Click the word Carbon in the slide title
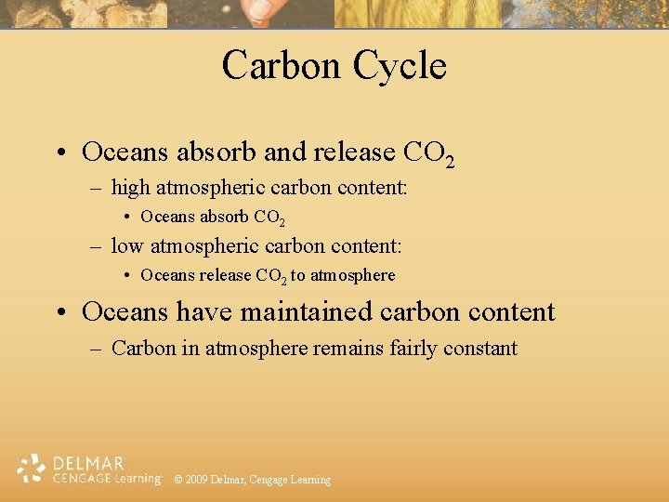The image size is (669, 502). pos(281,66)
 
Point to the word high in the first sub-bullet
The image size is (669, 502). pos(131,188)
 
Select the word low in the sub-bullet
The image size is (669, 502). pos(126,246)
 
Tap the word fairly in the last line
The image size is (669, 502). pos(414,349)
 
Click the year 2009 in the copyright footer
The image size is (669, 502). pos(196,480)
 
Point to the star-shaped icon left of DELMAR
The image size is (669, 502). pos(33,469)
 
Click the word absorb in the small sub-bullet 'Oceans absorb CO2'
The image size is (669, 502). pos(223,218)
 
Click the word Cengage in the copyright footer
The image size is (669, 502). pos(269,480)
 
